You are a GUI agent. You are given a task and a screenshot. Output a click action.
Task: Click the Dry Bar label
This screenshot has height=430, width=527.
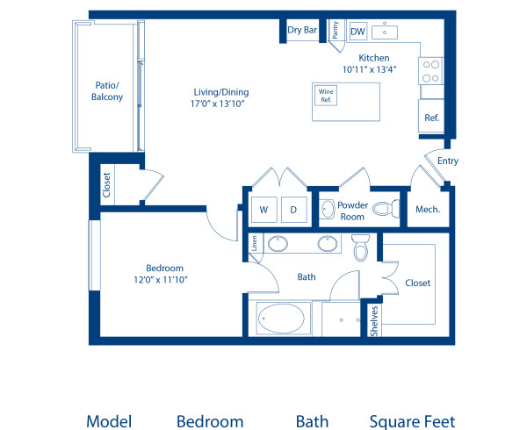pos(302,30)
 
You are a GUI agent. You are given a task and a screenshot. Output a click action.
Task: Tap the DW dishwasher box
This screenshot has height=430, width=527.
pos(357,32)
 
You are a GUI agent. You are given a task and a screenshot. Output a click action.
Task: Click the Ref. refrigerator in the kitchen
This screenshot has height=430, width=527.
pos(431,117)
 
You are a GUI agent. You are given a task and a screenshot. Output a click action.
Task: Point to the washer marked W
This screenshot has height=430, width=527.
pos(263,210)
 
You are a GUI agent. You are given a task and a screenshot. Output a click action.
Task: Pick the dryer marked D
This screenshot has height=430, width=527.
pos(294,210)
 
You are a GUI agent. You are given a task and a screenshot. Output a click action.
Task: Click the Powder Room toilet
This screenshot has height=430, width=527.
pos(384,209)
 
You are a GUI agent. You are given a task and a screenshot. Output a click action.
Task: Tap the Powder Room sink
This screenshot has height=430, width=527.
pos(327,209)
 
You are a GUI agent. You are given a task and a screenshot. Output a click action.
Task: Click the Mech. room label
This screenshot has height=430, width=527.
pos(427,210)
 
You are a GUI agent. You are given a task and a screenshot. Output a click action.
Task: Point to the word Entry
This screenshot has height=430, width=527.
pos(447,161)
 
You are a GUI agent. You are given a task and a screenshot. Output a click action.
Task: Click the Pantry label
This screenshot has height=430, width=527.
pos(336,31)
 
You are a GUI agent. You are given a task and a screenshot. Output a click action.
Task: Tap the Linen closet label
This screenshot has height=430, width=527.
pos(255,244)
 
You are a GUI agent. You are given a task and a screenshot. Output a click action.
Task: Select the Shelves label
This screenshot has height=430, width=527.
pos(374,321)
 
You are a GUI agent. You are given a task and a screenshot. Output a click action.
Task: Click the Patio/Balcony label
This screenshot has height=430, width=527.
pos(107,91)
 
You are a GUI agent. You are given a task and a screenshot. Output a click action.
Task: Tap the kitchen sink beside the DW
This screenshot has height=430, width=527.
pos(385,32)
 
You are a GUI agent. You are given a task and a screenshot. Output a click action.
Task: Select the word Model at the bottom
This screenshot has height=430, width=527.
pos(109,421)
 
